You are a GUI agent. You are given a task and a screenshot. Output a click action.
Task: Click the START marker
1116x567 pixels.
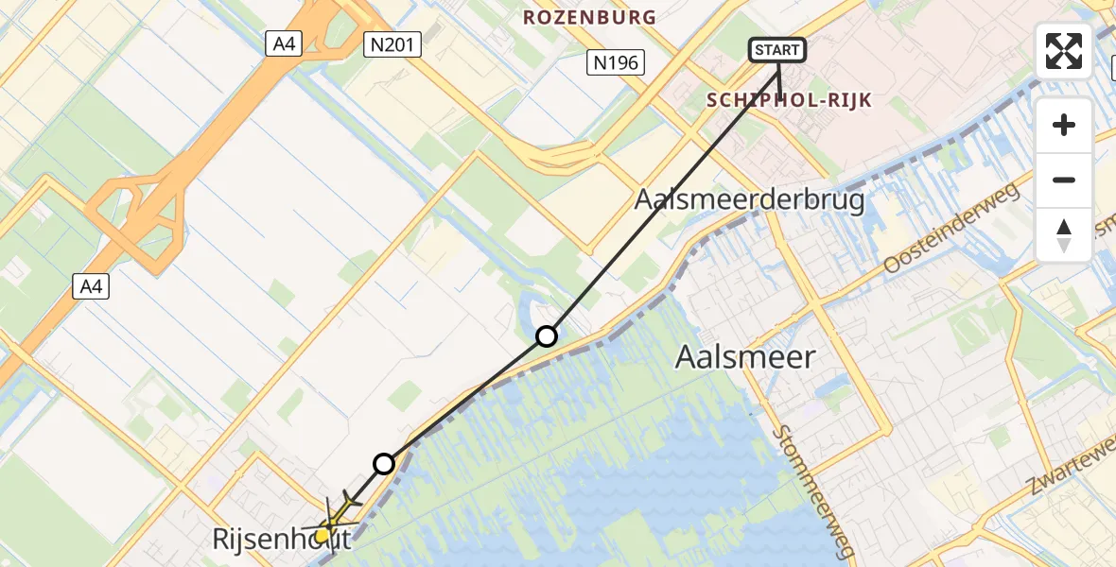(777, 49)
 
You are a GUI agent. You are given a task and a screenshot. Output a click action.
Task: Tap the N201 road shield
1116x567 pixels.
(392, 43)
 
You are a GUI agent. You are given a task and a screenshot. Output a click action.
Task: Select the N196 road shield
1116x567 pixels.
(615, 63)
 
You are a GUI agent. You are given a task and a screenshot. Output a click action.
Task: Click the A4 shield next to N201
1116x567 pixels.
(284, 43)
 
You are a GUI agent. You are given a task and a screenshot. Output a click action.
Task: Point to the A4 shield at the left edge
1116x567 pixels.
(91, 285)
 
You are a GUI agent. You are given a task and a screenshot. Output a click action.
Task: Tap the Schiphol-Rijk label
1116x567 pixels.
(789, 100)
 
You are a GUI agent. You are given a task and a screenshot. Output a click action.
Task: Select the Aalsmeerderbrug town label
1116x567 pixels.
(750, 200)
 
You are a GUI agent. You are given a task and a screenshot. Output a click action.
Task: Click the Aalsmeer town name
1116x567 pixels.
(745, 356)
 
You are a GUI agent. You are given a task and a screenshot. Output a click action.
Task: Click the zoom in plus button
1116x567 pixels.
(1064, 125)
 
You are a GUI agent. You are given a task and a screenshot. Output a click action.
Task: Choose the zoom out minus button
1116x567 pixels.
(1064, 180)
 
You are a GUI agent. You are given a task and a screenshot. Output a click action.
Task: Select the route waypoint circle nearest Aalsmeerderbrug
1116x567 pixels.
(547, 335)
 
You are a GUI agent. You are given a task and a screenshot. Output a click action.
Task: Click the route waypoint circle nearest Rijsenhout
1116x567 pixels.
(384, 463)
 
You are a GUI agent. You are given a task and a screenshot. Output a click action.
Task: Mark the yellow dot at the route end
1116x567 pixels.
(322, 535)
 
